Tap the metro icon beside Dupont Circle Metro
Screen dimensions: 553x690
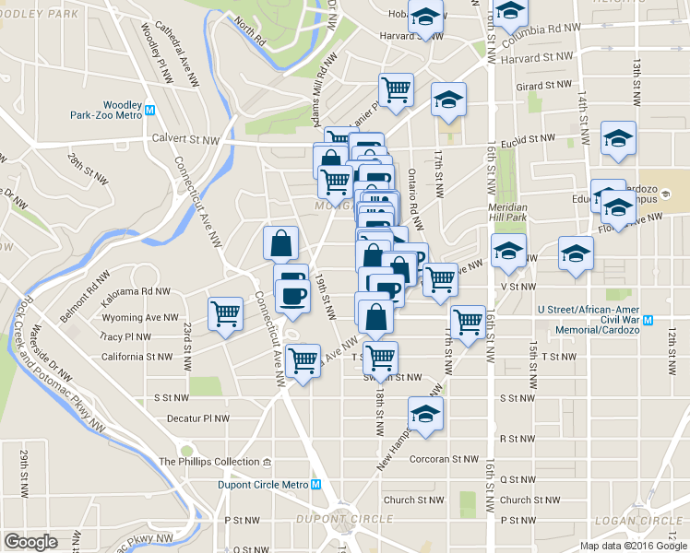click(315, 485)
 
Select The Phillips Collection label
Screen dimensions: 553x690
click(205, 462)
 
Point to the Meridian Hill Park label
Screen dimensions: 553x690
click(507, 212)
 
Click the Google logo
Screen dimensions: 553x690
click(30, 542)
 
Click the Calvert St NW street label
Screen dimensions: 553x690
click(185, 140)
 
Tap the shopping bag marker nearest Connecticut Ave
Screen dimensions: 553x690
click(280, 242)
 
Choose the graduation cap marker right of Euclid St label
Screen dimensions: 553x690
click(617, 138)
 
